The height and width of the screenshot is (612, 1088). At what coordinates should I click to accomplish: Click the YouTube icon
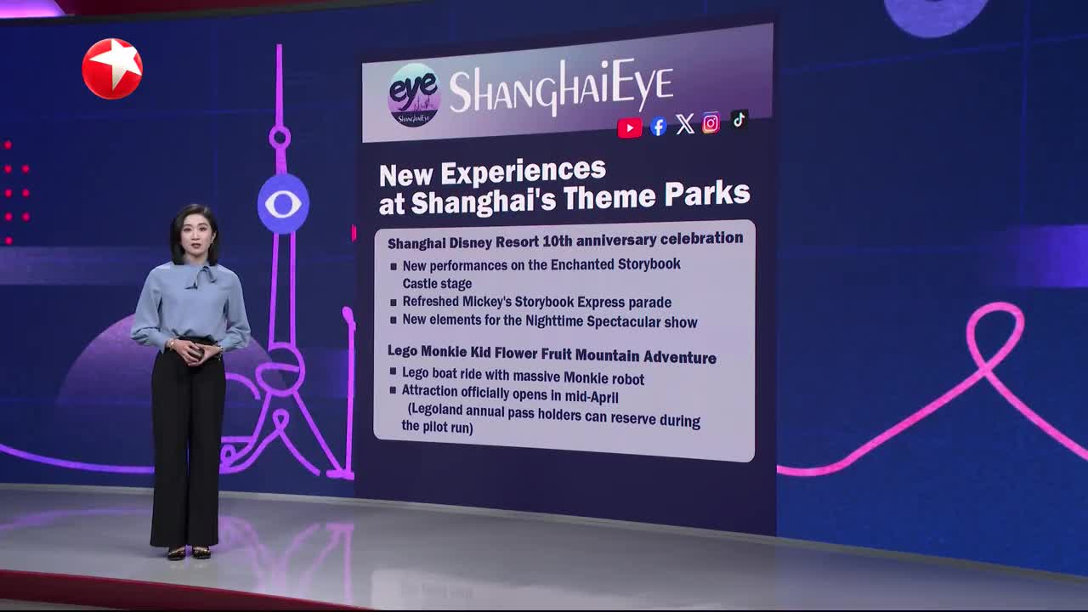pyautogui.click(x=630, y=128)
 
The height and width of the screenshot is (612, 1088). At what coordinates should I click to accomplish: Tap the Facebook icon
pyautogui.click(x=658, y=127)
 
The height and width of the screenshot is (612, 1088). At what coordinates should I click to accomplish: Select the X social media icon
pyautogui.click(x=685, y=124)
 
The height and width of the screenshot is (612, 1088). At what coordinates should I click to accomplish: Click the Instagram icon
pyautogui.click(x=711, y=123)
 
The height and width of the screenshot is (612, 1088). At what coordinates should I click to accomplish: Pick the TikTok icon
pyautogui.click(x=739, y=120)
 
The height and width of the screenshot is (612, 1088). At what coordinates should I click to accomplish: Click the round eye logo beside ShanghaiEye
pyautogui.click(x=414, y=95)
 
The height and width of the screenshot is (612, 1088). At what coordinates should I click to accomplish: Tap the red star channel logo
pyautogui.click(x=112, y=69)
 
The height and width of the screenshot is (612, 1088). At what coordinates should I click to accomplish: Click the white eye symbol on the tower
pyautogui.click(x=283, y=204)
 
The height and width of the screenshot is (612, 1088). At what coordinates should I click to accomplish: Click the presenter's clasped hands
pyautogui.click(x=195, y=353)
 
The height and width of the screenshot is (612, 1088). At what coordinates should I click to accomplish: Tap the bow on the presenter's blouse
pyautogui.click(x=200, y=276)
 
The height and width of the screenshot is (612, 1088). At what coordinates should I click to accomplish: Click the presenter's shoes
pyautogui.click(x=189, y=552)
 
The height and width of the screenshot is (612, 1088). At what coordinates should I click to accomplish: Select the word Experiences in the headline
pyautogui.click(x=523, y=172)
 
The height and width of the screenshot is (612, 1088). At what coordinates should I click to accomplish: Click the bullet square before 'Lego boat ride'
pyautogui.click(x=393, y=371)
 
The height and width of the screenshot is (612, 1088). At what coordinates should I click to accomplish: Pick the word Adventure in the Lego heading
pyautogui.click(x=680, y=357)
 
